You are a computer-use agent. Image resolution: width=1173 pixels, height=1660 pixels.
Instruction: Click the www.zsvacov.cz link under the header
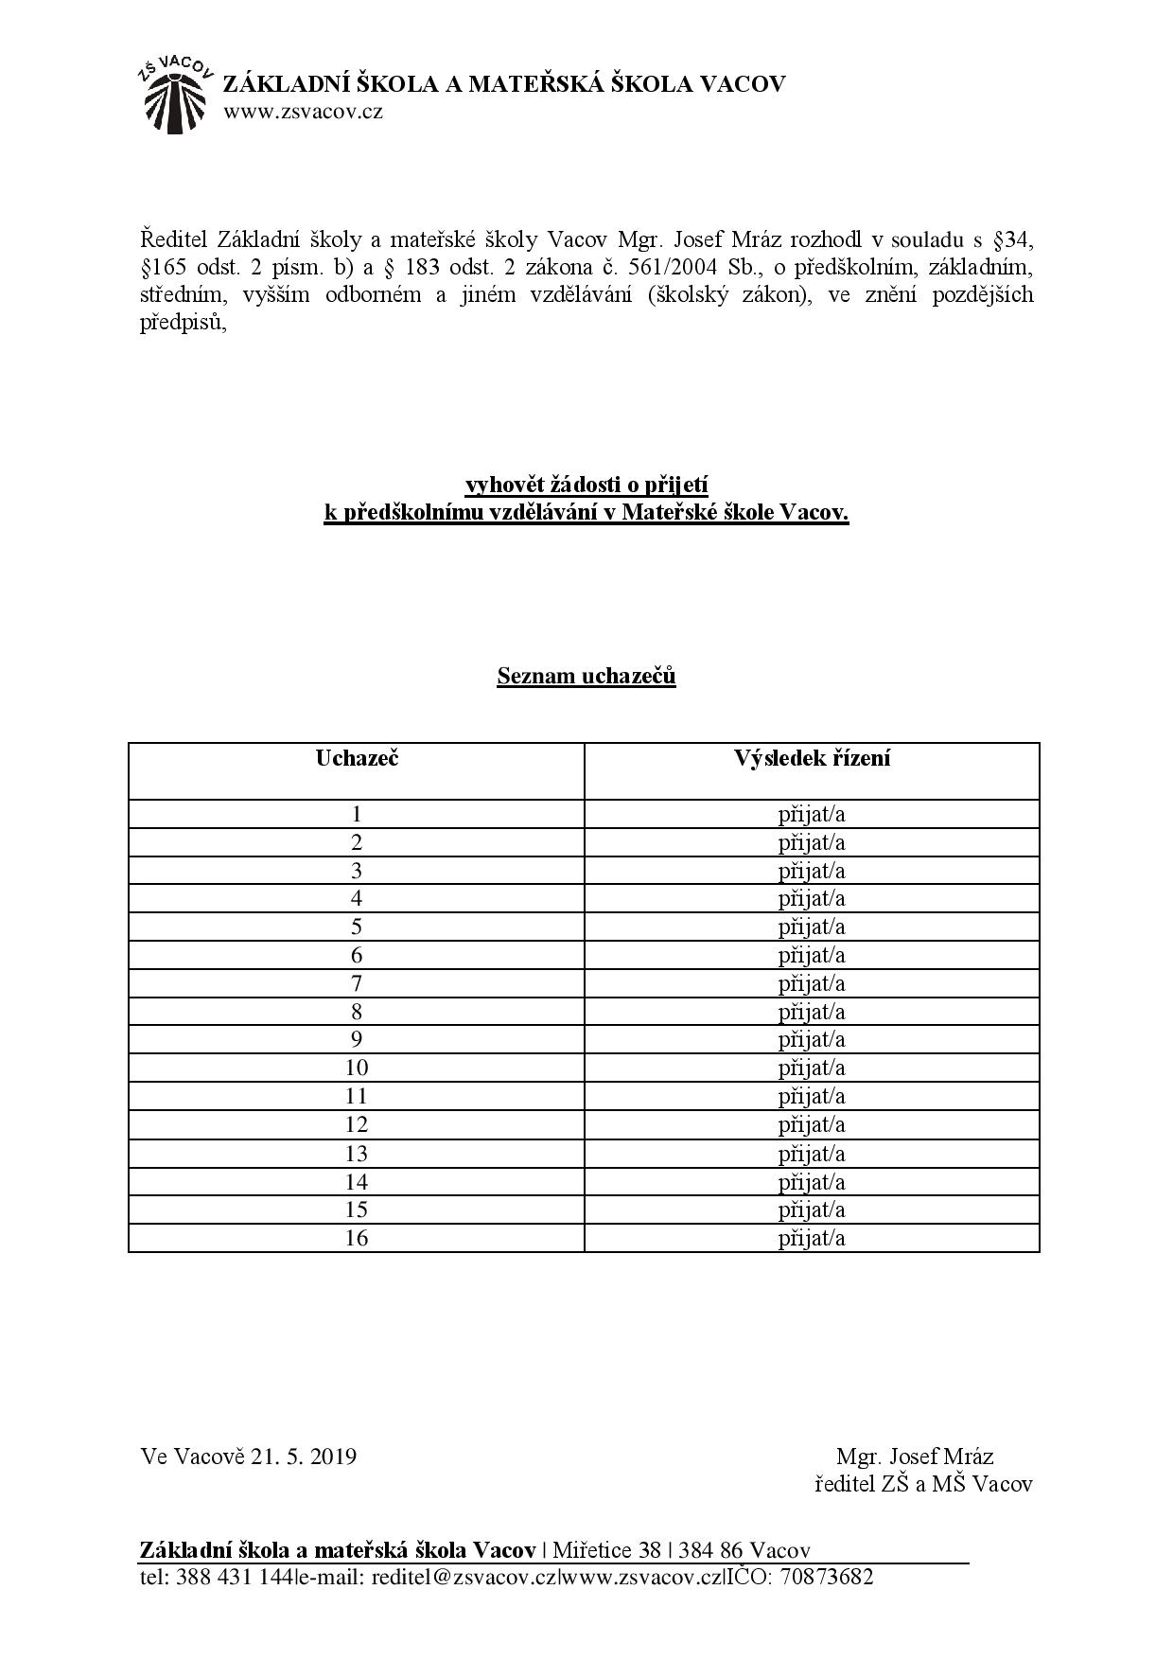303,113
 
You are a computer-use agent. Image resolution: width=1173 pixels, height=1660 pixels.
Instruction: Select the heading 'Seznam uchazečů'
586,676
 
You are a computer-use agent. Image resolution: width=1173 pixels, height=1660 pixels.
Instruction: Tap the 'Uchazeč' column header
357,758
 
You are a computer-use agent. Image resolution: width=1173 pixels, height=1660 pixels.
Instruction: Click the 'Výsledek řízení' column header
812,758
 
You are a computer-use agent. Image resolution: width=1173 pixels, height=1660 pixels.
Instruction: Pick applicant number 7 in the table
357,983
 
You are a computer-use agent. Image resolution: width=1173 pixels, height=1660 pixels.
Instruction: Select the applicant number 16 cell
357,1238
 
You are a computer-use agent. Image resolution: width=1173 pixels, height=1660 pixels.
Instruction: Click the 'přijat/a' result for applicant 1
812,814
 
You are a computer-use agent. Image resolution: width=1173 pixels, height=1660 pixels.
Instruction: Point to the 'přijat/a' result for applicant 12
812,1124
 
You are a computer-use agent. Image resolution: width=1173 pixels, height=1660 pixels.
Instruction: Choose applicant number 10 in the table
357,1068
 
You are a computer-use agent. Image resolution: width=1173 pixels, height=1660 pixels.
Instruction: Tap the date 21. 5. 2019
304,1456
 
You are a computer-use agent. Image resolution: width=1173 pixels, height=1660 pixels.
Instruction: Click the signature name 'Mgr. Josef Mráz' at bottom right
914,1456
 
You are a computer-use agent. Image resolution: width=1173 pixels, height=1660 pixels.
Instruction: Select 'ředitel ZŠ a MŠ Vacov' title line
923,1484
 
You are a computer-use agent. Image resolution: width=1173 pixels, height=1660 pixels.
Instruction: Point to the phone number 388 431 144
233,1577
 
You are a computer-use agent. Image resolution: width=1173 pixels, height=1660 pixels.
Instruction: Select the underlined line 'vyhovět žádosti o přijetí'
586,485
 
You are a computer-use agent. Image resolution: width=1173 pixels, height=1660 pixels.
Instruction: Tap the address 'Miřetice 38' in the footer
606,1550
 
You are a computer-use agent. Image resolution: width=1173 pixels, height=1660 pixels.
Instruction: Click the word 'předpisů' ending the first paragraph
184,322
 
